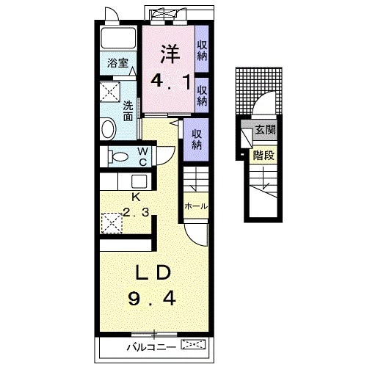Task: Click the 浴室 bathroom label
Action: coord(117,63)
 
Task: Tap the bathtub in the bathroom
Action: coord(118,38)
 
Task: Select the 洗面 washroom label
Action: coord(128,111)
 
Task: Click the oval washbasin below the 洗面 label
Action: coord(109,128)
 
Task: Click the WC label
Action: coord(142,157)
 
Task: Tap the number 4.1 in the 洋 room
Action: coord(170,82)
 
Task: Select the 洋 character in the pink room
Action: coord(170,54)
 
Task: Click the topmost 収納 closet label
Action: coord(203,51)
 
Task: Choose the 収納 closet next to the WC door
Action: coord(197,139)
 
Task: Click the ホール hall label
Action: coord(196,206)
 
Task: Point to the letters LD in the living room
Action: coord(153,272)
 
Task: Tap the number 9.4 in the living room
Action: coord(152,299)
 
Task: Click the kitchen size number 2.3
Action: coord(136,212)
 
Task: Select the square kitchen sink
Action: coord(139,181)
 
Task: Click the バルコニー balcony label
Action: coord(152,347)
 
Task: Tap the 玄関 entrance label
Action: coord(266,130)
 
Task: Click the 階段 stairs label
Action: coord(264,155)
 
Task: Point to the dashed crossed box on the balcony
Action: coord(193,344)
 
